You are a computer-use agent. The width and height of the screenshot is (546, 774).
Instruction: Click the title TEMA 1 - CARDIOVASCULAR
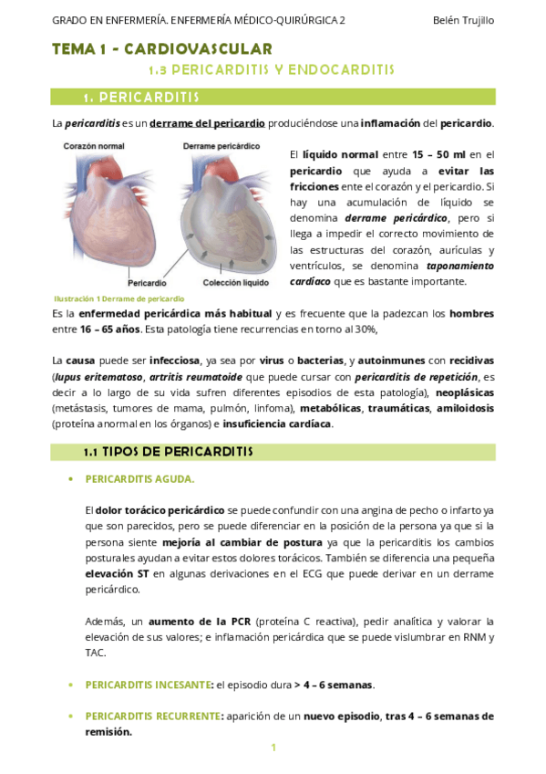(161, 49)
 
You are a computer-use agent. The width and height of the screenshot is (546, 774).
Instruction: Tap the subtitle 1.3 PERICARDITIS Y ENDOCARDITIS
(271, 69)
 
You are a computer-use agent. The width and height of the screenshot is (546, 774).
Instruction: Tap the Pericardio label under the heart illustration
(146, 283)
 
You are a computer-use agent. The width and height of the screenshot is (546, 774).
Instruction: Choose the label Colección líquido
(236, 283)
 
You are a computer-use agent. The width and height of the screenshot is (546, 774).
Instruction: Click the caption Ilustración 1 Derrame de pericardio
(118, 298)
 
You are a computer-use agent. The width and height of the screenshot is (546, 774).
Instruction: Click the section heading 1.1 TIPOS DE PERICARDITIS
(168, 452)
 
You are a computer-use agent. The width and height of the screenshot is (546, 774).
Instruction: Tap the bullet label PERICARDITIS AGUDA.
(139, 478)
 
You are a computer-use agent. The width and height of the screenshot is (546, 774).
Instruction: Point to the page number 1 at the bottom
(273, 748)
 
